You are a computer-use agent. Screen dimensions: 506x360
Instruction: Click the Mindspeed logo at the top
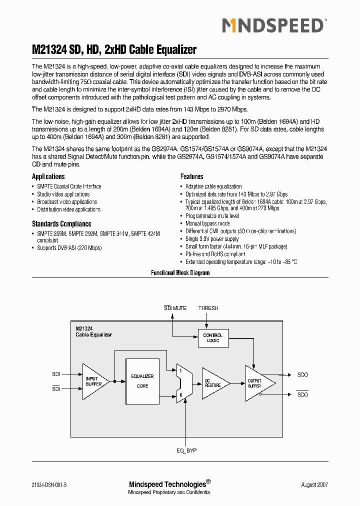click(273, 25)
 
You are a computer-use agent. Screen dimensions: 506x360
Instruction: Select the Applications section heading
click(48, 176)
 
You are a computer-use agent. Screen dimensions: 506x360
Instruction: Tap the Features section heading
click(191, 176)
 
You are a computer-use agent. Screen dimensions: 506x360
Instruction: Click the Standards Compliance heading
click(61, 224)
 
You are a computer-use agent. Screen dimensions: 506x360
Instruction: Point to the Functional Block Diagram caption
click(180, 273)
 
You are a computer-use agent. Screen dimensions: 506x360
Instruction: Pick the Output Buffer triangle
click(257, 383)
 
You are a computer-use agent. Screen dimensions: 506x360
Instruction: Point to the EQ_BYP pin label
click(186, 450)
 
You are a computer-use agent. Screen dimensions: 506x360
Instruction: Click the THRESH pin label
click(208, 308)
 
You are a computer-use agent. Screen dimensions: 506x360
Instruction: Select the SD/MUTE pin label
click(175, 308)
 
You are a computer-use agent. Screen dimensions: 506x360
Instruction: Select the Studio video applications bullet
click(63, 194)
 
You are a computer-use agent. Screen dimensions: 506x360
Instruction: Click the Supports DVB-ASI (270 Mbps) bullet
click(69, 248)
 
